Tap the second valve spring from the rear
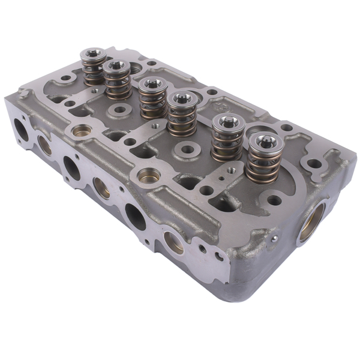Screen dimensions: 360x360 pyautogui.click(x=117, y=81)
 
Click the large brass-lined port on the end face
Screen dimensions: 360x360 pyautogui.click(x=311, y=220)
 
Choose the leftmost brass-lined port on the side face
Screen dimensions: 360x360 pyautogui.click(x=44, y=145)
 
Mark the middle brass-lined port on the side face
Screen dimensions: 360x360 pyautogui.click(x=102, y=187)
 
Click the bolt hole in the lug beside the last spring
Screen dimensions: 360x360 pyautogui.click(x=312, y=163)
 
